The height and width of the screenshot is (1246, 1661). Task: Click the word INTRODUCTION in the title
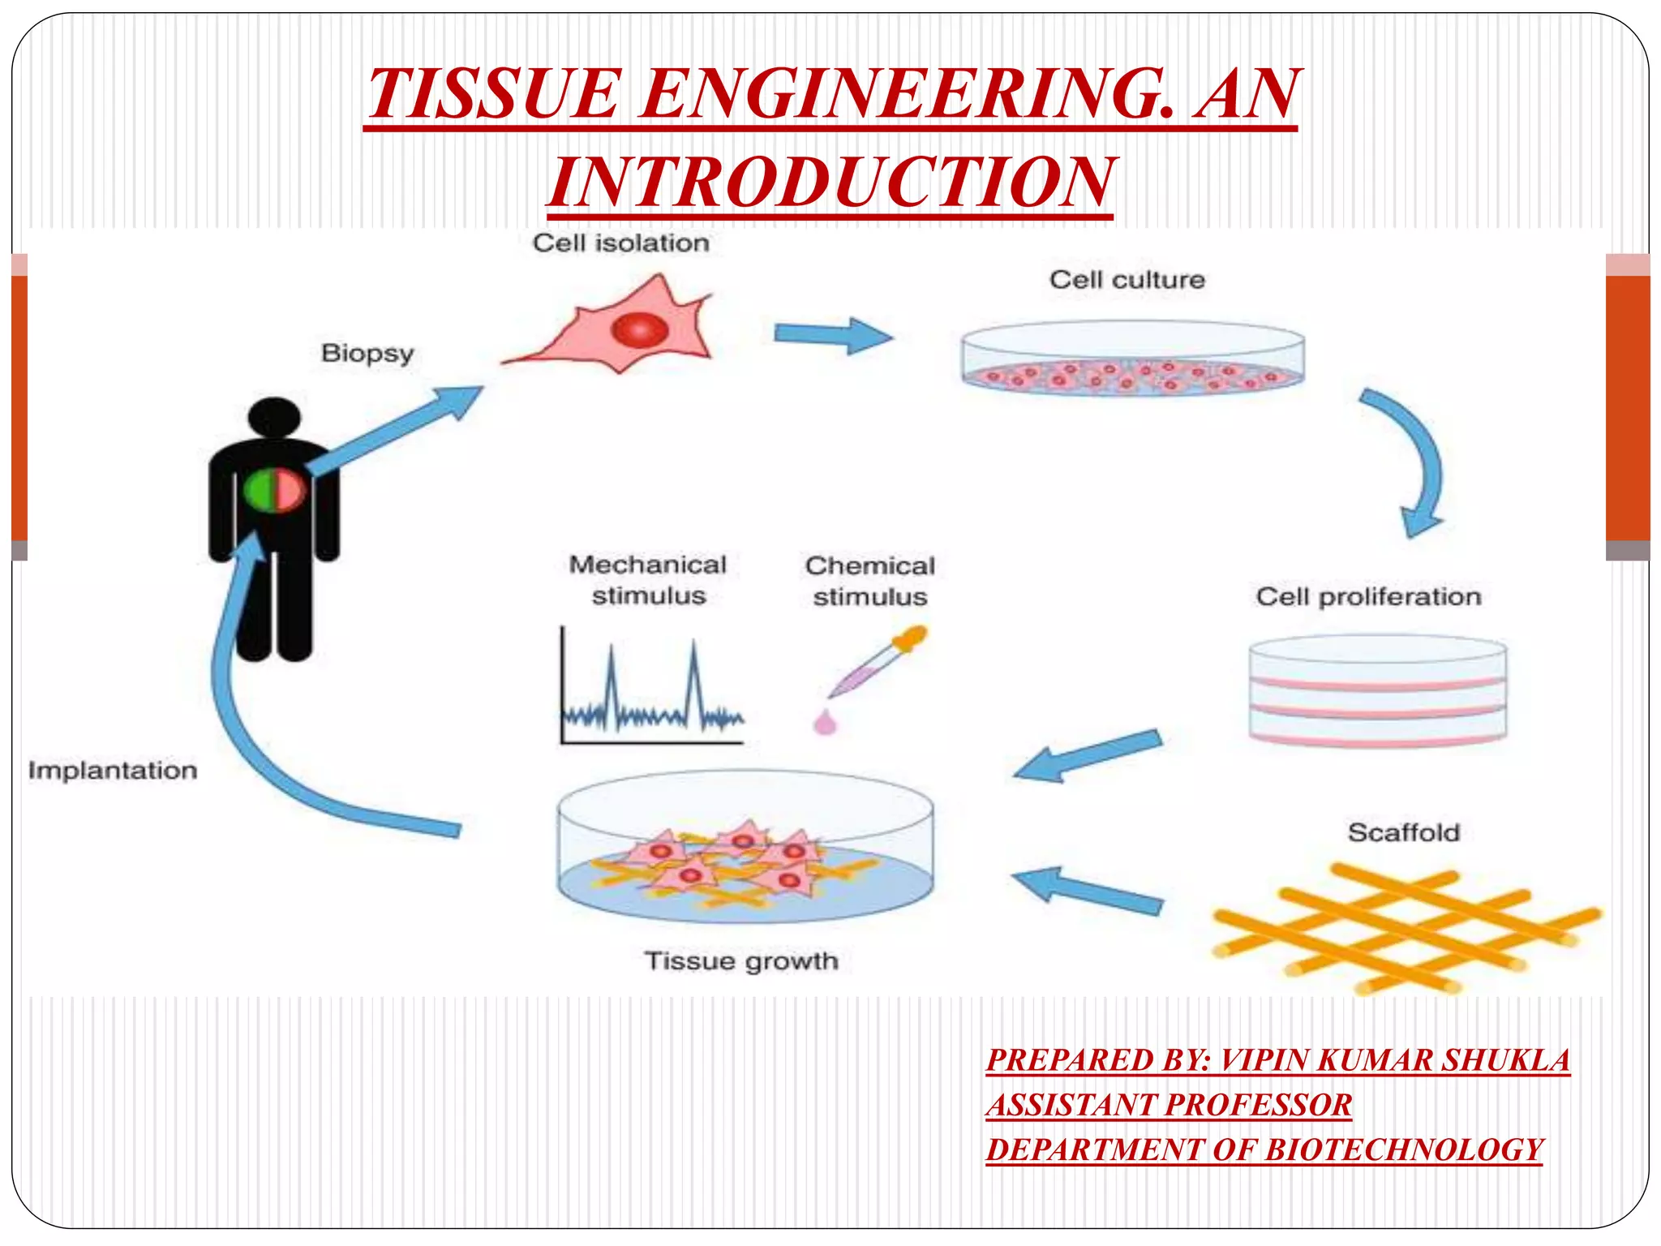[x=830, y=183]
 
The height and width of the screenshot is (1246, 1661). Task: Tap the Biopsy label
[x=367, y=354]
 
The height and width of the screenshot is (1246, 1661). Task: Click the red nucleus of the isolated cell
[x=640, y=330]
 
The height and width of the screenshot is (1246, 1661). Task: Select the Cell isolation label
[x=620, y=243]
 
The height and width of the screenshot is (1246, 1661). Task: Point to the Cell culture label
[x=1127, y=280]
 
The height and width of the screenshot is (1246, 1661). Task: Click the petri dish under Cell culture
[x=1132, y=360]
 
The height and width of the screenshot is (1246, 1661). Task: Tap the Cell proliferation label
[x=1368, y=597]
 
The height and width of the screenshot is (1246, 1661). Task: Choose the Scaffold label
[x=1403, y=832]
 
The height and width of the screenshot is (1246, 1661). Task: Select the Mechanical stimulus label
[x=648, y=580]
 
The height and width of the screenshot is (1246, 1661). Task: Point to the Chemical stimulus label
[x=869, y=581]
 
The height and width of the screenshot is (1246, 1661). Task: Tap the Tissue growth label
[x=741, y=961]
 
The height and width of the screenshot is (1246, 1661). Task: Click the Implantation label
[x=113, y=770]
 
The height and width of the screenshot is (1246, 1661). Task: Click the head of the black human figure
[x=274, y=419]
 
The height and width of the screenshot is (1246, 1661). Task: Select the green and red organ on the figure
[x=274, y=491]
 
